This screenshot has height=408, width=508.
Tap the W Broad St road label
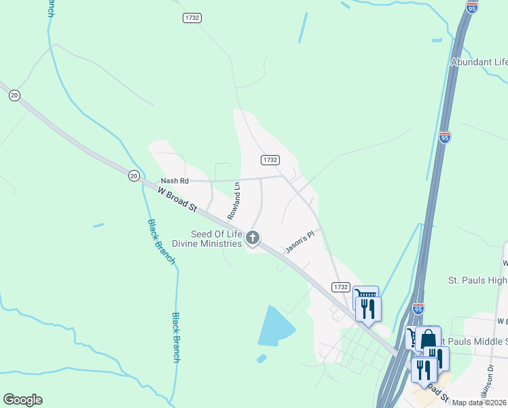[x=177, y=201]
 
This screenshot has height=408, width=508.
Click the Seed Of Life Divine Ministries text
[x=216, y=239]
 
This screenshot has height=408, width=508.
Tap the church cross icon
[x=253, y=237]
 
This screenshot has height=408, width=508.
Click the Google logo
[x=22, y=400]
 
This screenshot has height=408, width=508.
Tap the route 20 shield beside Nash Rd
[x=134, y=175]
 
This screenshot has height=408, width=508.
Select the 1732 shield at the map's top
[x=192, y=18]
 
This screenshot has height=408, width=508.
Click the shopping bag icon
[x=429, y=338]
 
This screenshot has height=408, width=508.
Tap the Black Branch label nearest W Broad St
[x=161, y=242]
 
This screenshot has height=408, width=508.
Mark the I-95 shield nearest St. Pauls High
[x=418, y=308]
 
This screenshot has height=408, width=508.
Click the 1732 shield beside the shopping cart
[x=341, y=287]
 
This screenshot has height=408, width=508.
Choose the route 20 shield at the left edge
[x=14, y=95]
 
